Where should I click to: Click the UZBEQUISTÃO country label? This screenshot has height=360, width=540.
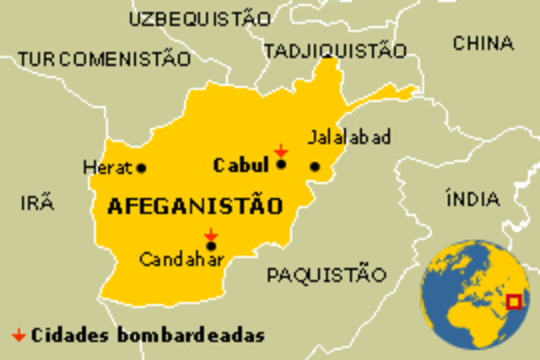click(x=201, y=18)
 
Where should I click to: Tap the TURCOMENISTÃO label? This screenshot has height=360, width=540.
click(x=105, y=59)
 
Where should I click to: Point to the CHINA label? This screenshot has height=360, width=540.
click(x=483, y=43)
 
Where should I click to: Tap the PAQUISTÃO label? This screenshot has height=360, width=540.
click(x=326, y=274)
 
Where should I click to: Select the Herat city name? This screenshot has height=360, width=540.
click(x=108, y=168)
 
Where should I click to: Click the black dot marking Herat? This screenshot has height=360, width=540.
click(x=141, y=168)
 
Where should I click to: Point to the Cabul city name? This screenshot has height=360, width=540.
click(x=240, y=165)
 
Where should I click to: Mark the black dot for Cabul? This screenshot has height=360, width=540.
click(x=281, y=164)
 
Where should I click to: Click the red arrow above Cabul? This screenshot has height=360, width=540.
click(x=281, y=150)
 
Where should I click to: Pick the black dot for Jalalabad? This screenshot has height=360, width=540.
click(x=315, y=166)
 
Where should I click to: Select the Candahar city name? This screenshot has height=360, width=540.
click(x=181, y=261)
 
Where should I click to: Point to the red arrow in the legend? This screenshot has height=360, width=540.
click(x=18, y=335)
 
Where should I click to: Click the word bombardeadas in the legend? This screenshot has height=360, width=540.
click(x=202, y=335)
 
